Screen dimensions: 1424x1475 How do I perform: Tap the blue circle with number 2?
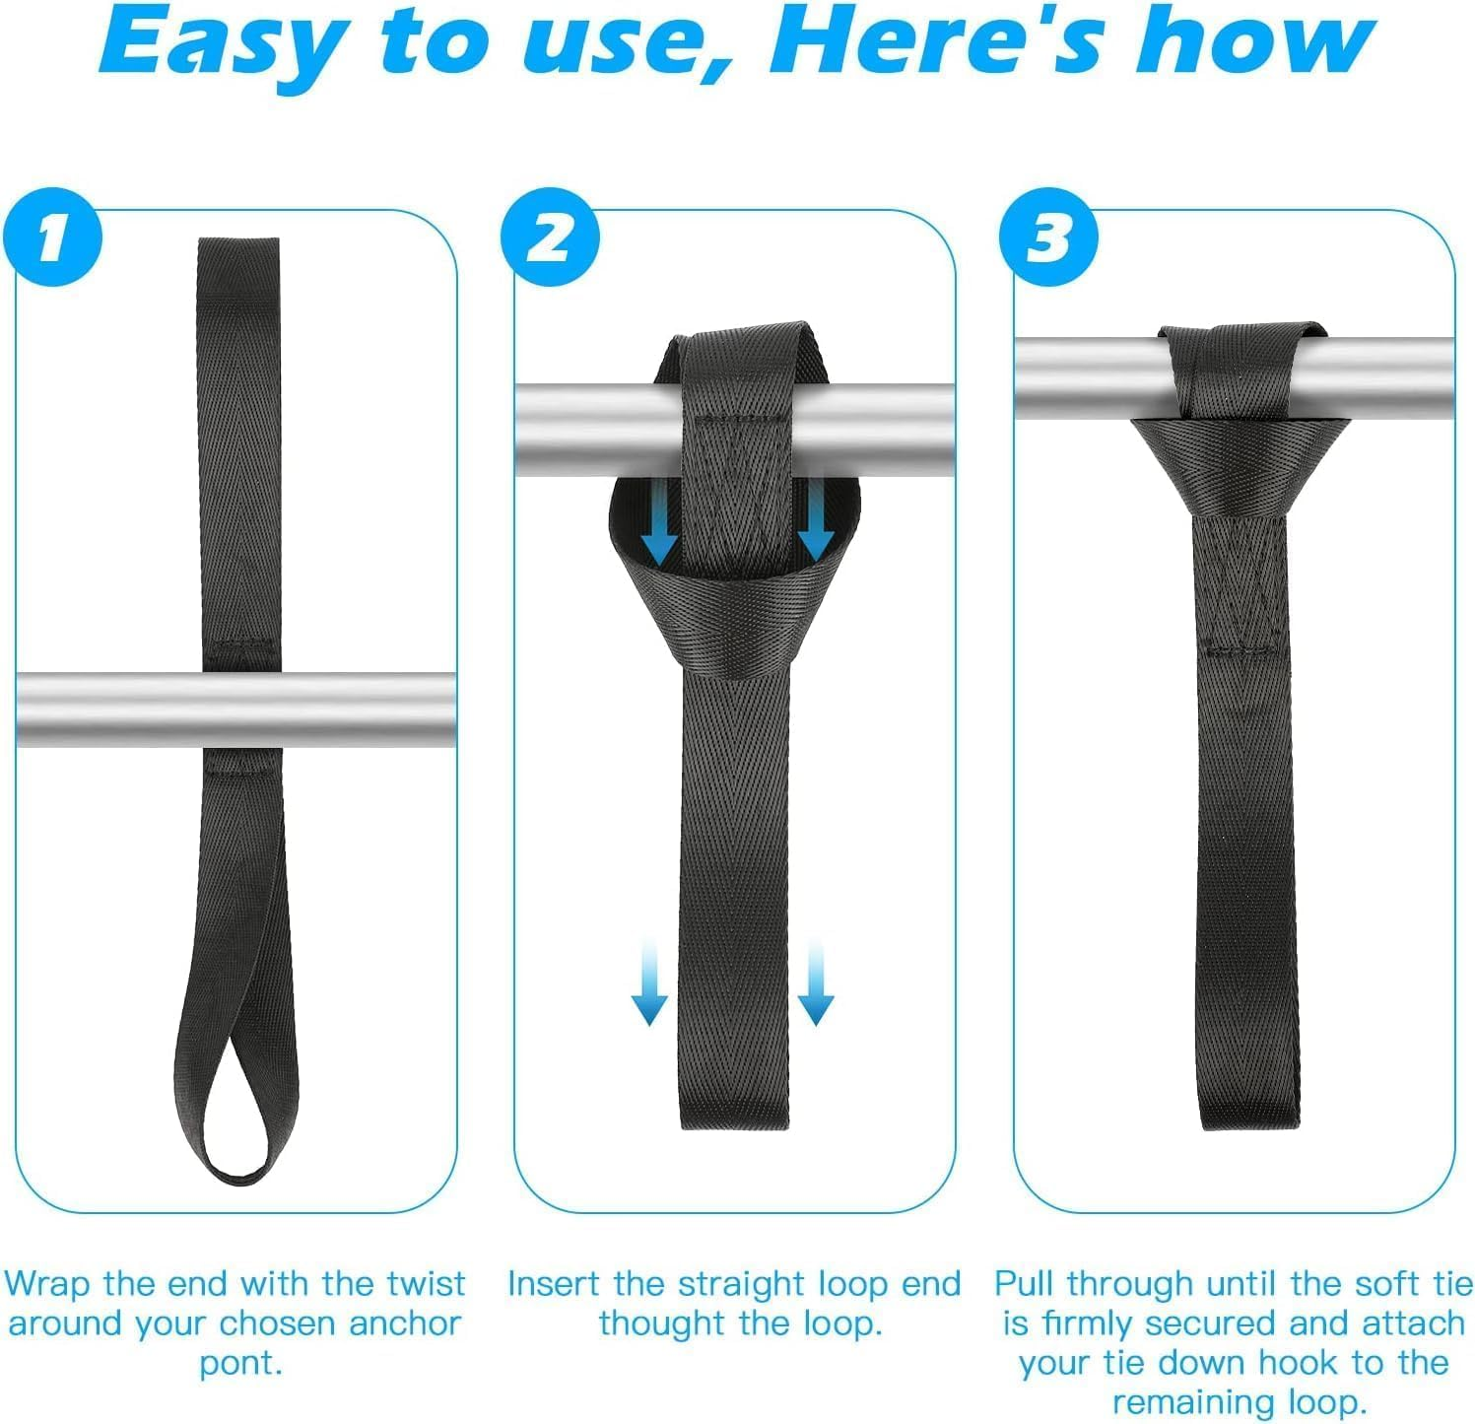click(x=550, y=237)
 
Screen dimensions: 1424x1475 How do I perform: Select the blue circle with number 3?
click(x=1048, y=237)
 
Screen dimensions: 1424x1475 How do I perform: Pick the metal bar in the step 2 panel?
click(x=581, y=429)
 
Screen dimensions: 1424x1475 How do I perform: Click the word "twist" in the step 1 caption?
click(x=426, y=1283)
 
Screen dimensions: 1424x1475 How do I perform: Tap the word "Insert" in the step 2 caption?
click(x=555, y=1283)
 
